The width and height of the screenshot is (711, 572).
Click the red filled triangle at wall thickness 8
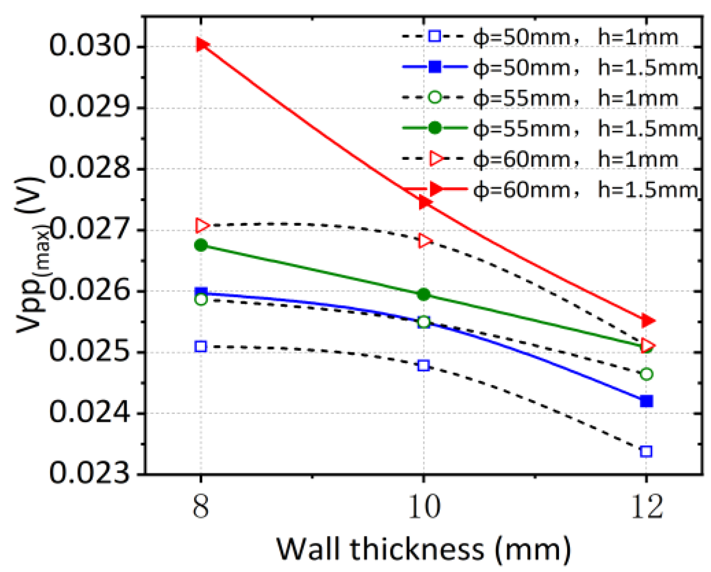tap(201, 44)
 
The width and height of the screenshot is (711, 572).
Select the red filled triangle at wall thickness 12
tap(647, 321)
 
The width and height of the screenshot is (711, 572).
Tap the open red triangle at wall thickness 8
tap(201, 225)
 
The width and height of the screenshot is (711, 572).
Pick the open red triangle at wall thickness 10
tap(424, 241)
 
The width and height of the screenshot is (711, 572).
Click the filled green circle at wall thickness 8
tap(201, 245)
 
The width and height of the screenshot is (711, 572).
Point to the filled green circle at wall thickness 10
tap(424, 294)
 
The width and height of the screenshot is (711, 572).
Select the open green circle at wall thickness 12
tap(646, 374)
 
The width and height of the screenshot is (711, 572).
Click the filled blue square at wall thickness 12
tap(646, 401)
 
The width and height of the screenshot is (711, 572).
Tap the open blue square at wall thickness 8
tap(200, 346)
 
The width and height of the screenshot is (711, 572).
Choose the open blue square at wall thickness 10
tap(424, 365)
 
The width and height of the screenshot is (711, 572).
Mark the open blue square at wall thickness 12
tap(646, 451)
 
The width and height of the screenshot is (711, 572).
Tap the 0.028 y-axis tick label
tap(90, 169)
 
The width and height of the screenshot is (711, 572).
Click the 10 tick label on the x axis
tap(424, 507)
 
